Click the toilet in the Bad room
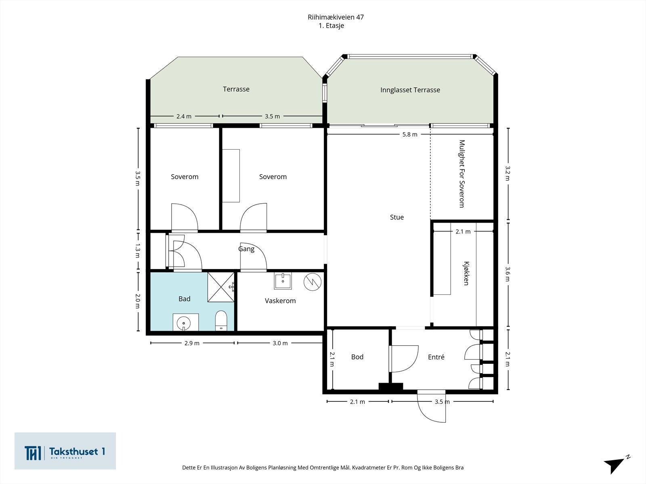pos(221,321)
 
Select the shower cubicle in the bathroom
pos(221,287)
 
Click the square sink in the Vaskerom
pos(283,281)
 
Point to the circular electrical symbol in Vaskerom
pos(313,282)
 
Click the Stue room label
pos(397,217)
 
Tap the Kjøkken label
pos(466,273)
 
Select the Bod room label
pos(357,357)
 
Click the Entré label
pos(436,357)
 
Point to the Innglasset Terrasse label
pos(410,90)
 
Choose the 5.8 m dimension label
pos(410,135)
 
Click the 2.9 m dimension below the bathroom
pos(192,343)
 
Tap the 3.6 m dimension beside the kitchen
pos(508,274)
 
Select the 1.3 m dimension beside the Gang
pos(138,250)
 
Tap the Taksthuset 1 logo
pos(65,451)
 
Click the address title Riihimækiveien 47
pos(336,17)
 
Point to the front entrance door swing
pos(432,407)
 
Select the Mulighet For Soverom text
pos(462,174)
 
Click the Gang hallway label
pos(246,249)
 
